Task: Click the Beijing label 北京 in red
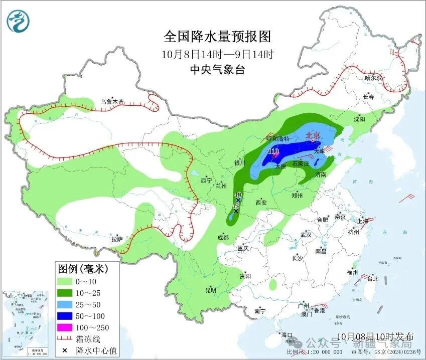tap(313, 135)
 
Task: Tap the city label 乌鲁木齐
tap(111, 101)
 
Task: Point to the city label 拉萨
tap(117, 239)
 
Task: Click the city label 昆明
tap(210, 290)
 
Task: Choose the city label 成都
tap(223, 237)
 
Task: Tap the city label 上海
tap(363, 221)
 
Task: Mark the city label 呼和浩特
tap(277, 138)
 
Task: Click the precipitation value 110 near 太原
tap(273, 151)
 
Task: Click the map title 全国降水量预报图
tap(217, 37)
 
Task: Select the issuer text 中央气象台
tap(217, 70)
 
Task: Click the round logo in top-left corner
tap(19, 21)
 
